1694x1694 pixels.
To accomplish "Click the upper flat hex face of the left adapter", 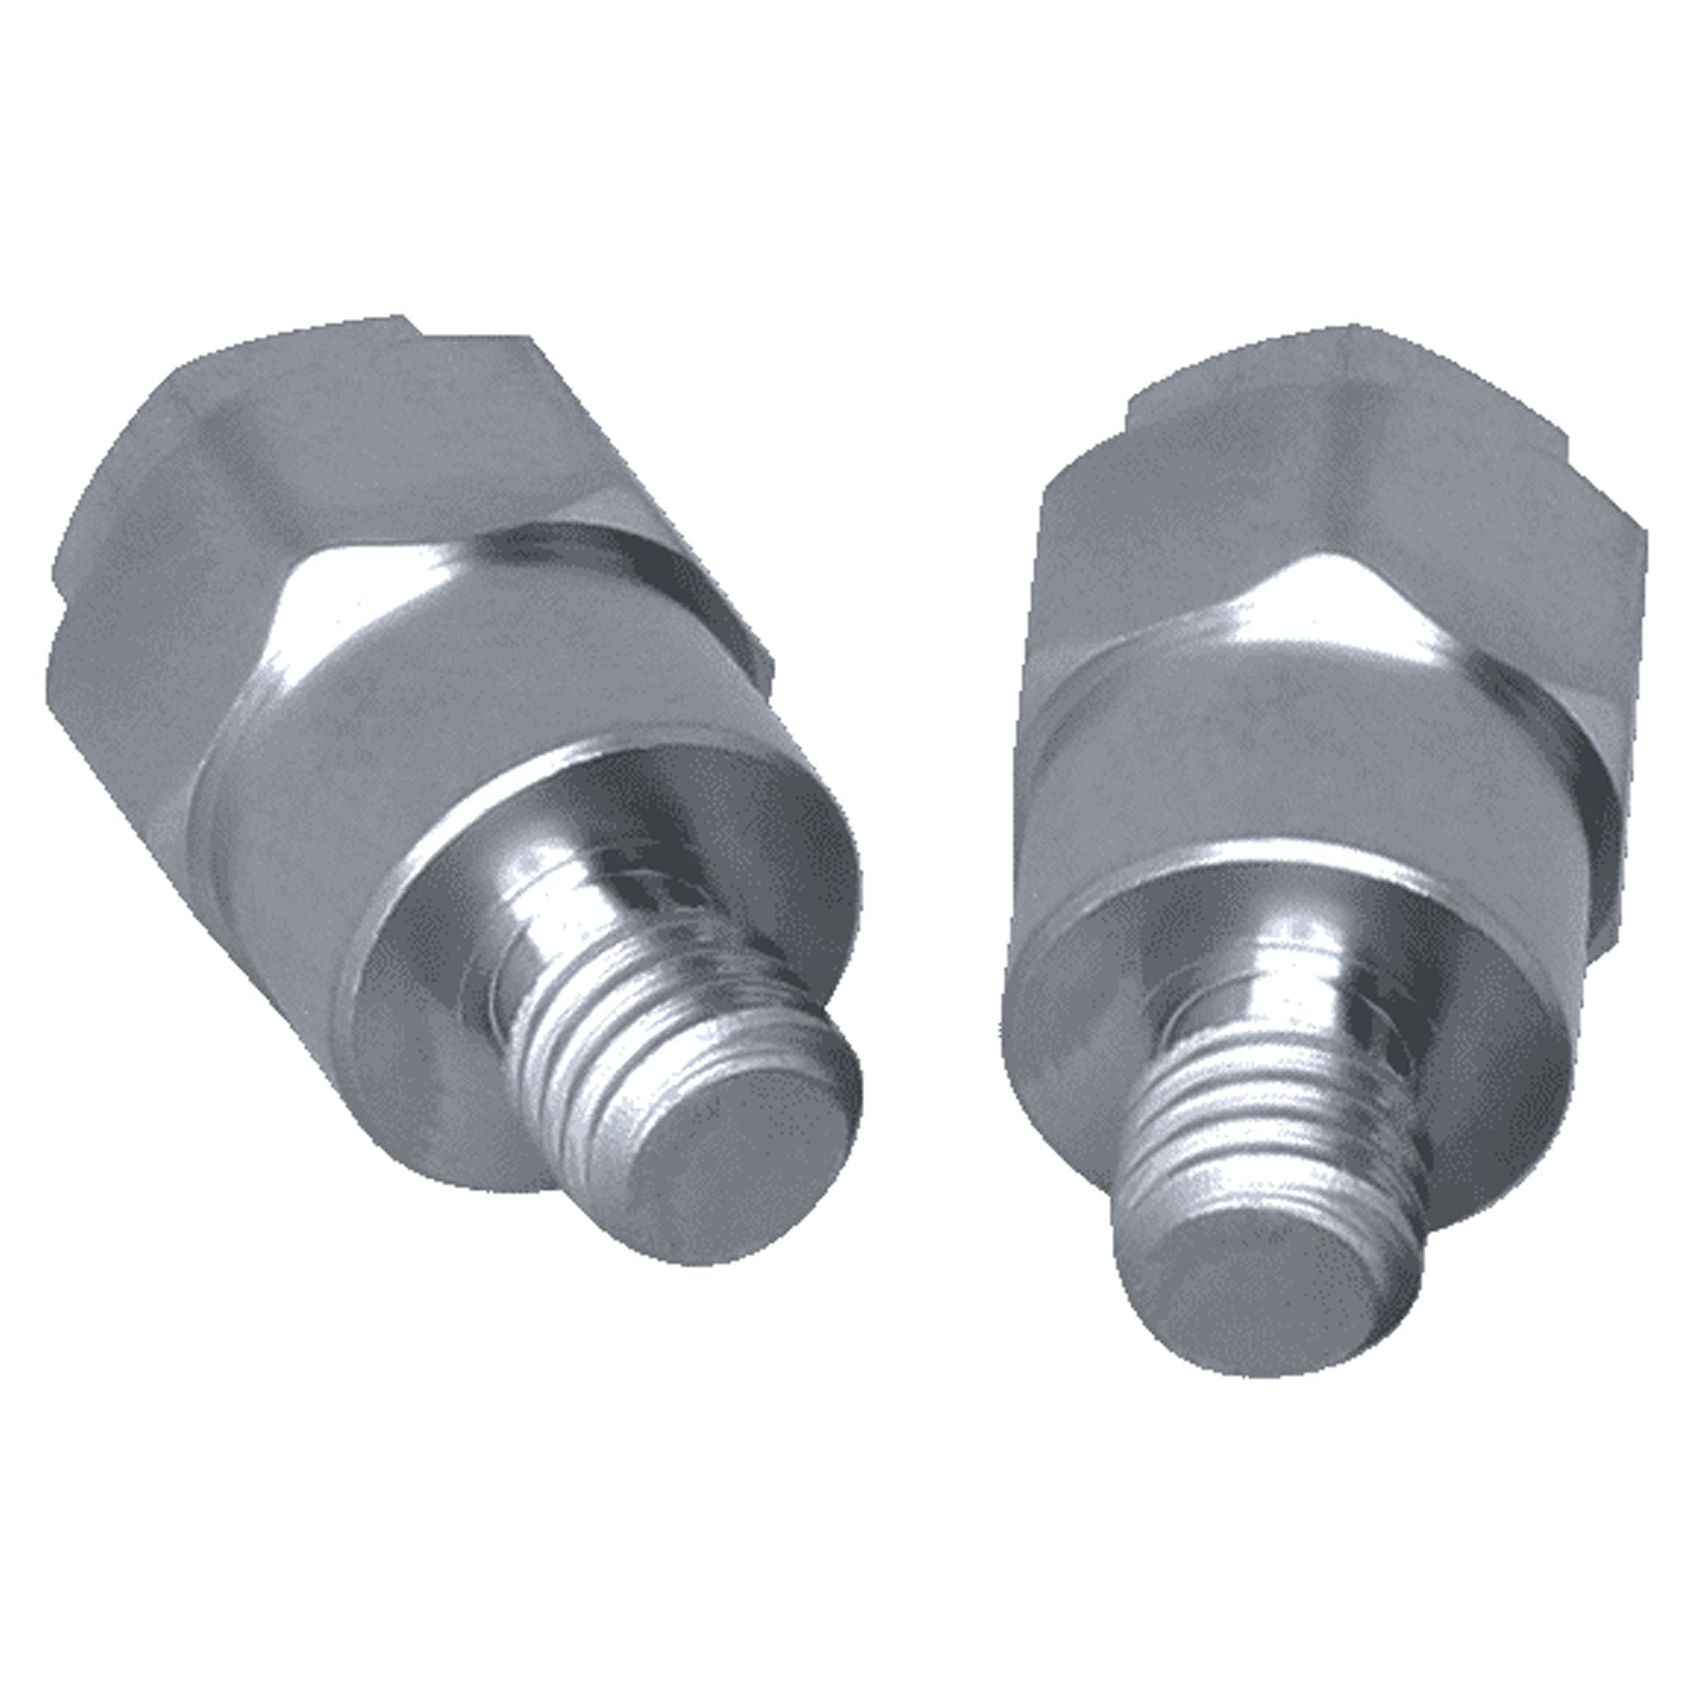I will coord(351,456).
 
